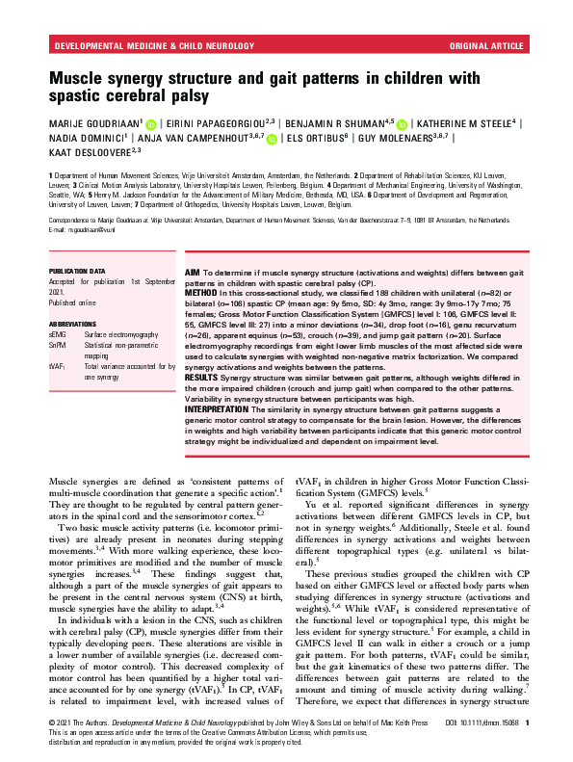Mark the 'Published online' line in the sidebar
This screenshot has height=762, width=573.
point(76,303)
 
